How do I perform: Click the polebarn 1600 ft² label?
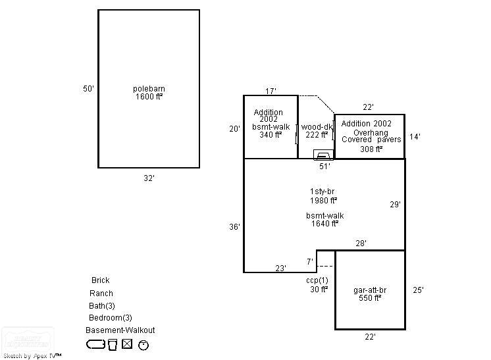(149, 93)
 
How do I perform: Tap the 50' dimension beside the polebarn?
(88, 89)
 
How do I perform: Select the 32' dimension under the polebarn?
(149, 178)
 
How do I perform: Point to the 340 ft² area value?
(270, 135)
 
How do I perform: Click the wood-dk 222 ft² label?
(317, 131)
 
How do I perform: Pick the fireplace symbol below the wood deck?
(323, 155)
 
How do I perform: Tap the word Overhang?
(370, 132)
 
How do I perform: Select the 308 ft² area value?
(371, 149)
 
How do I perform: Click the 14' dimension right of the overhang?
(415, 137)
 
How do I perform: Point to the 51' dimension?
(324, 167)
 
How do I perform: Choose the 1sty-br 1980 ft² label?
(324, 196)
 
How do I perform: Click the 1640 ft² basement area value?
(324, 224)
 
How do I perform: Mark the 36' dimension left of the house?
(234, 227)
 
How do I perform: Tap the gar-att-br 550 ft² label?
(370, 294)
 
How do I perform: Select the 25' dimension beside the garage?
(418, 290)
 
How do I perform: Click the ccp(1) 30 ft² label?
(319, 285)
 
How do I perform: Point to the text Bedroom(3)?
(111, 318)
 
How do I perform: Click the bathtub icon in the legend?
(95, 344)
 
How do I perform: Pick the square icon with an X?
(127, 344)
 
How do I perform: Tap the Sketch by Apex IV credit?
(32, 355)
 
